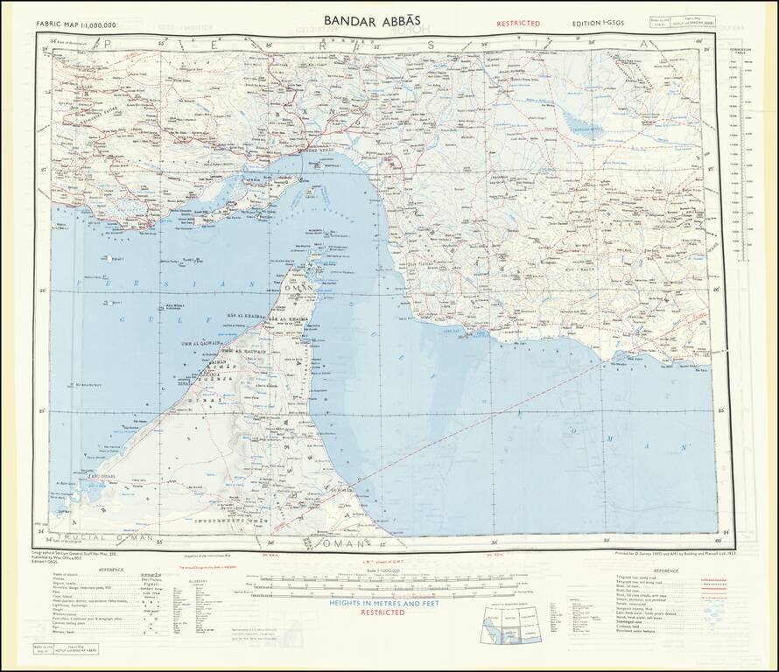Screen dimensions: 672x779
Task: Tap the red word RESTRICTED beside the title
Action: [x=518, y=24]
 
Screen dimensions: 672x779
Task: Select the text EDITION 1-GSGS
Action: [x=600, y=24]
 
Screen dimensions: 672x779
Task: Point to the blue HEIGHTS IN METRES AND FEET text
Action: [x=383, y=604]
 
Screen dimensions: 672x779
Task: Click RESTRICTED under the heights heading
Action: [x=383, y=613]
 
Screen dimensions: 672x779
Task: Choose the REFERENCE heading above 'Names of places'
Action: [x=110, y=570]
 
